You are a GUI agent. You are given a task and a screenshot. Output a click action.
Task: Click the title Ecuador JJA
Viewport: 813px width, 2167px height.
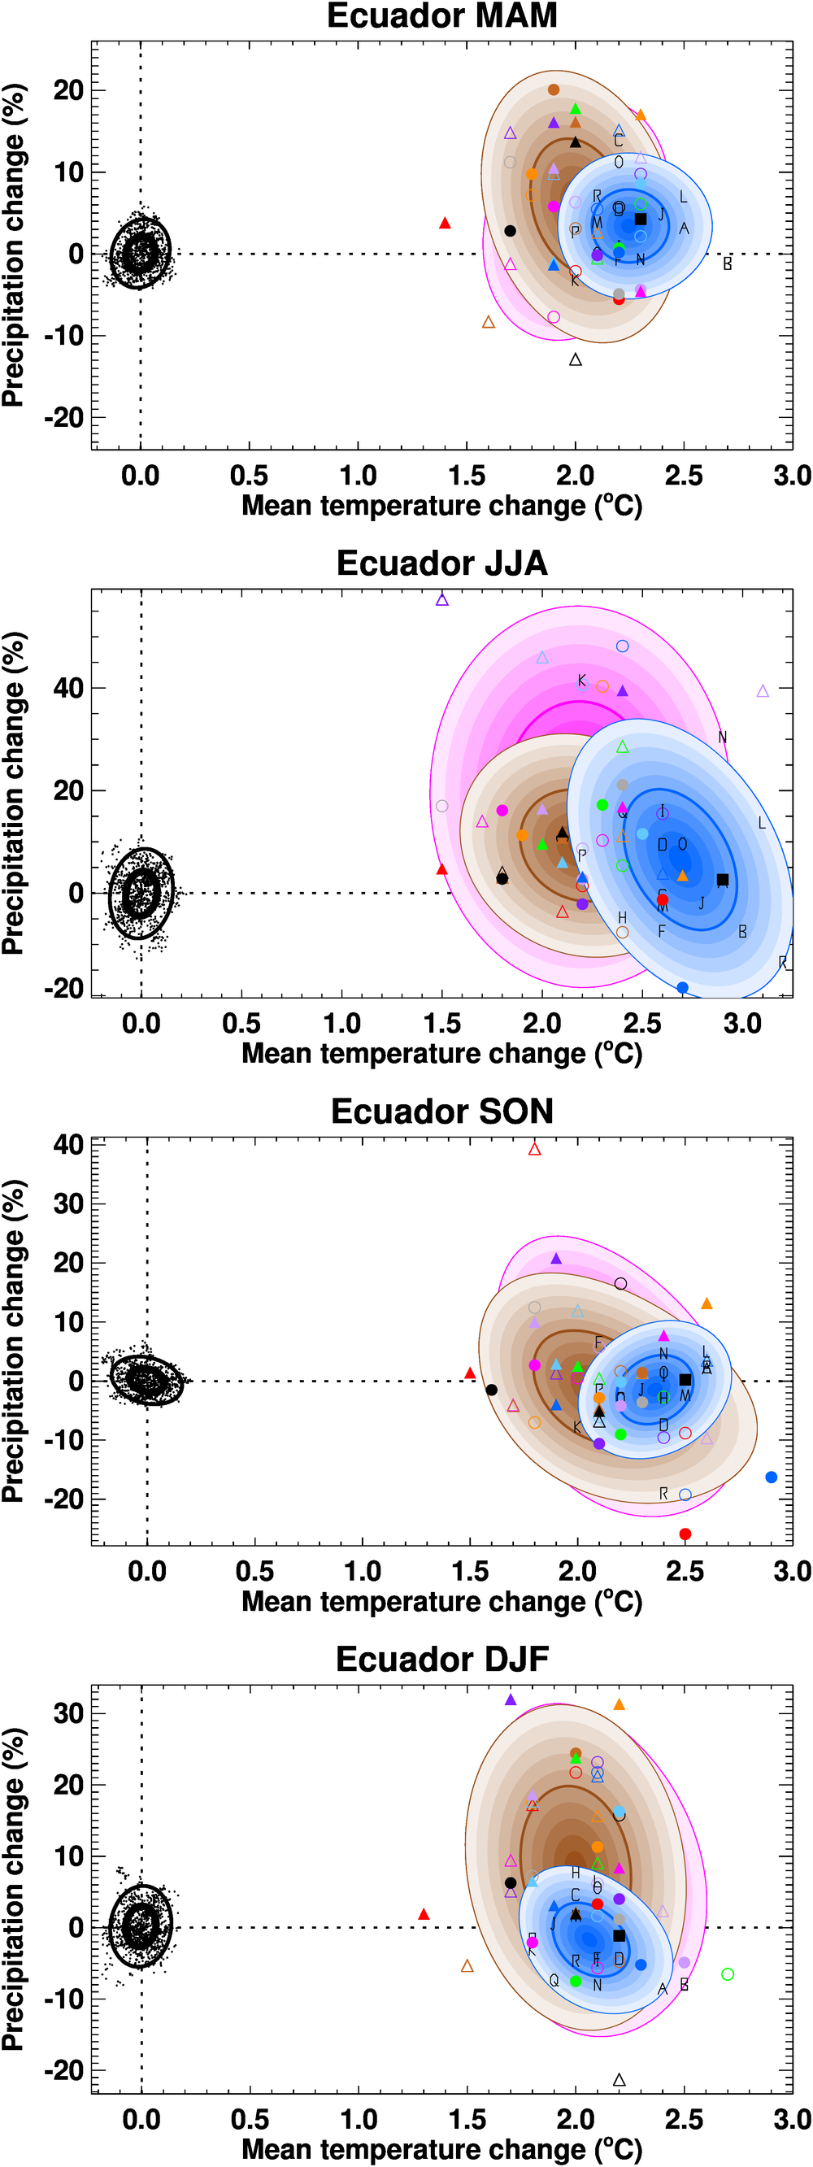[441, 564]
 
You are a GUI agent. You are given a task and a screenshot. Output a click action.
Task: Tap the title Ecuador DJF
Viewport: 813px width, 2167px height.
[441, 1659]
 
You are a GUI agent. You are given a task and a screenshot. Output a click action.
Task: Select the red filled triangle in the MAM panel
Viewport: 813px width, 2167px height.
[445, 223]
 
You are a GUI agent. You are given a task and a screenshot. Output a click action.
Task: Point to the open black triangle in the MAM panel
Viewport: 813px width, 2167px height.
[575, 360]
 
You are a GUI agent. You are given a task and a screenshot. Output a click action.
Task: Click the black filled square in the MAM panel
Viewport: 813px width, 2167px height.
[640, 219]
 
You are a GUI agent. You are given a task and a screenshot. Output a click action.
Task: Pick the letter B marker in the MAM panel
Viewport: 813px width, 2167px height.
[728, 264]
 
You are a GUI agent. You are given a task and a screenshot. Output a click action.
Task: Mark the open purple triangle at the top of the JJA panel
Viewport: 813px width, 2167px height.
[442, 600]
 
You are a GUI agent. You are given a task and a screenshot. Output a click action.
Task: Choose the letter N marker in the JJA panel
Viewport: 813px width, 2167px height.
[722, 738]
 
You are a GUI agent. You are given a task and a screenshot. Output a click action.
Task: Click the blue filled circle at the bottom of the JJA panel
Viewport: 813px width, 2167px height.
[682, 988]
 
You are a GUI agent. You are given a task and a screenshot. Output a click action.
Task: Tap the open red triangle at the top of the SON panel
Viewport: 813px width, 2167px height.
[535, 1149]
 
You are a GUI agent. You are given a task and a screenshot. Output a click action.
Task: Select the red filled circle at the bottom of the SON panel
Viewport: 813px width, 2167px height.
[685, 1534]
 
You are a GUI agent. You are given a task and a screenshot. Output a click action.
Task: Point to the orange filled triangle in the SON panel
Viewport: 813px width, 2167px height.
[706, 1303]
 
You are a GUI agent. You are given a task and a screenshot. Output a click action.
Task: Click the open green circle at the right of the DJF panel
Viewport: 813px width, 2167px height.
[728, 1973]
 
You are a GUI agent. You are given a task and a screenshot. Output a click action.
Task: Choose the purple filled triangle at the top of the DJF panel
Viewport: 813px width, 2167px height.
[511, 1699]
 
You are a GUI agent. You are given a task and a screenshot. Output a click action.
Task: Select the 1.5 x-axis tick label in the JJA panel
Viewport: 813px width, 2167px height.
[441, 1024]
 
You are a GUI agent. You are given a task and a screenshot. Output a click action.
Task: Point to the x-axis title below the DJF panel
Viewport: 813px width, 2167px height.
[441, 2148]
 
